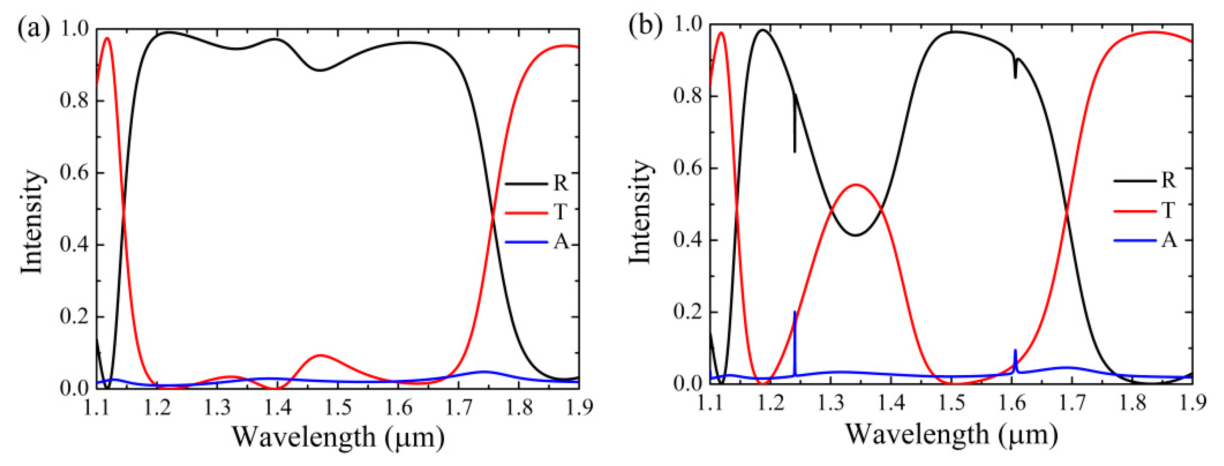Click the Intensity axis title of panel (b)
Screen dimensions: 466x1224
639,212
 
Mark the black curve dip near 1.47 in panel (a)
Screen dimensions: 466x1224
321,70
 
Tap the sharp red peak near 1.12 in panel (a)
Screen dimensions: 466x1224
107,38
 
